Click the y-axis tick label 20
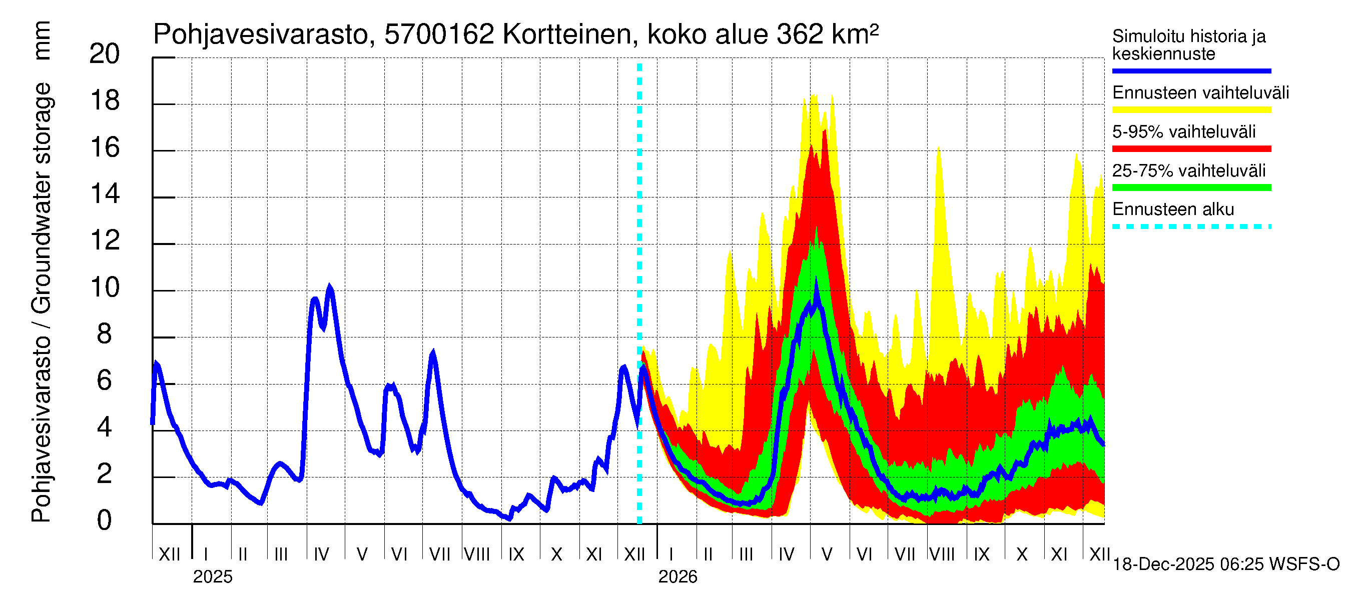[x=105, y=54]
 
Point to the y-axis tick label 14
[x=105, y=194]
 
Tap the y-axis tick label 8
[x=105, y=334]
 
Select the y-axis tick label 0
[x=105, y=520]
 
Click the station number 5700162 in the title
[x=439, y=34]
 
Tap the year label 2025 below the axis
[x=212, y=577]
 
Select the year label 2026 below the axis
[x=678, y=577]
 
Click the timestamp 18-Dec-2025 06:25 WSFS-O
[x=1225, y=564]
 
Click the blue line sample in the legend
[x=1191, y=70]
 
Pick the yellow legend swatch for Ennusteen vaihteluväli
[x=1191, y=110]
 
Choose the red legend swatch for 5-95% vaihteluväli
[x=1191, y=149]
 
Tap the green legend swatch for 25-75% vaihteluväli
[x=1191, y=187]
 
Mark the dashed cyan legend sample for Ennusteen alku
[x=1191, y=227]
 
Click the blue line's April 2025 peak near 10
[x=329, y=287]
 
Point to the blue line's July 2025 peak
[x=433, y=353]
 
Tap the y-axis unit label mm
[x=42, y=40]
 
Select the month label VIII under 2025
[x=477, y=554]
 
